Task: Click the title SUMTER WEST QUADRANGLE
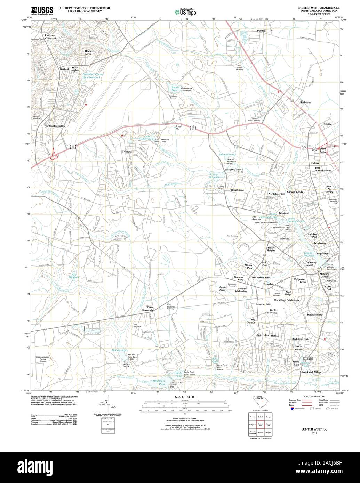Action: (x=319, y=7)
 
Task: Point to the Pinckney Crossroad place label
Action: (x=50, y=37)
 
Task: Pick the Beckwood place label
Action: (x=305, y=103)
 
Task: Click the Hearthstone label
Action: (x=238, y=190)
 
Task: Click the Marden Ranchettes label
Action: (x=55, y=126)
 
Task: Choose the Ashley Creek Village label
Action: (x=311, y=372)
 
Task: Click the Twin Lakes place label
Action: (x=263, y=335)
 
